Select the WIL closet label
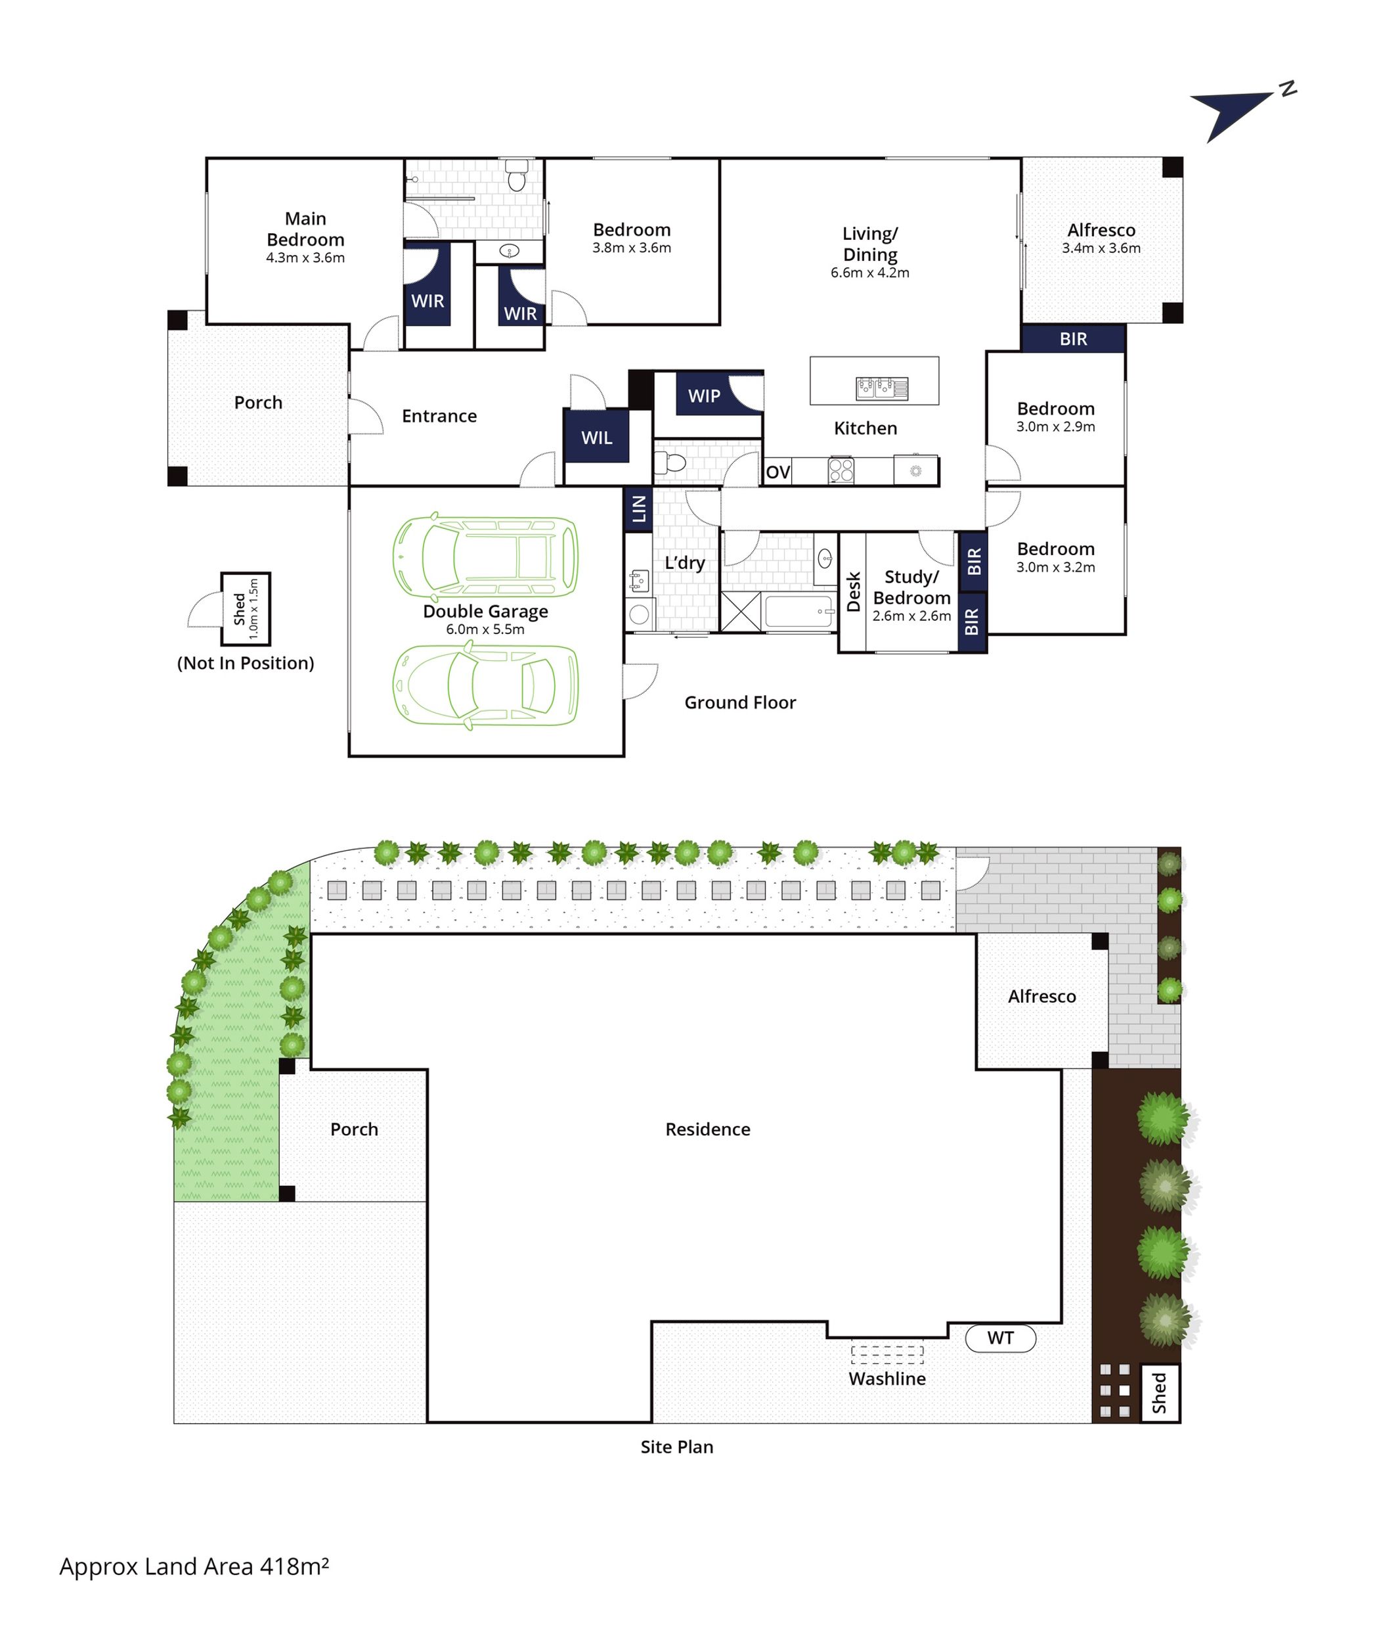pyautogui.click(x=596, y=438)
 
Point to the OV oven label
pyautogui.click(x=778, y=472)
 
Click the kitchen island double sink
pyautogui.click(x=882, y=388)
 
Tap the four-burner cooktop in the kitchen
pyautogui.click(x=841, y=470)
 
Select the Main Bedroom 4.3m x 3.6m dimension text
pyautogui.click(x=305, y=258)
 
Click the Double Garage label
pyautogui.click(x=485, y=612)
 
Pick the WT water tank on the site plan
pyautogui.click(x=1001, y=1338)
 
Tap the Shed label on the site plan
pyautogui.click(x=1159, y=1393)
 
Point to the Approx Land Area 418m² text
pyautogui.click(x=194, y=1566)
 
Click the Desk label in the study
pyautogui.click(x=854, y=591)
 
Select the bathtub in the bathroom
pyautogui.click(x=800, y=612)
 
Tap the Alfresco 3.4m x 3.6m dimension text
pyautogui.click(x=1101, y=248)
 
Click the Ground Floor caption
pyautogui.click(x=740, y=702)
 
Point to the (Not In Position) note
pyautogui.click(x=246, y=663)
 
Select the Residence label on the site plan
pyautogui.click(x=707, y=1129)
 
